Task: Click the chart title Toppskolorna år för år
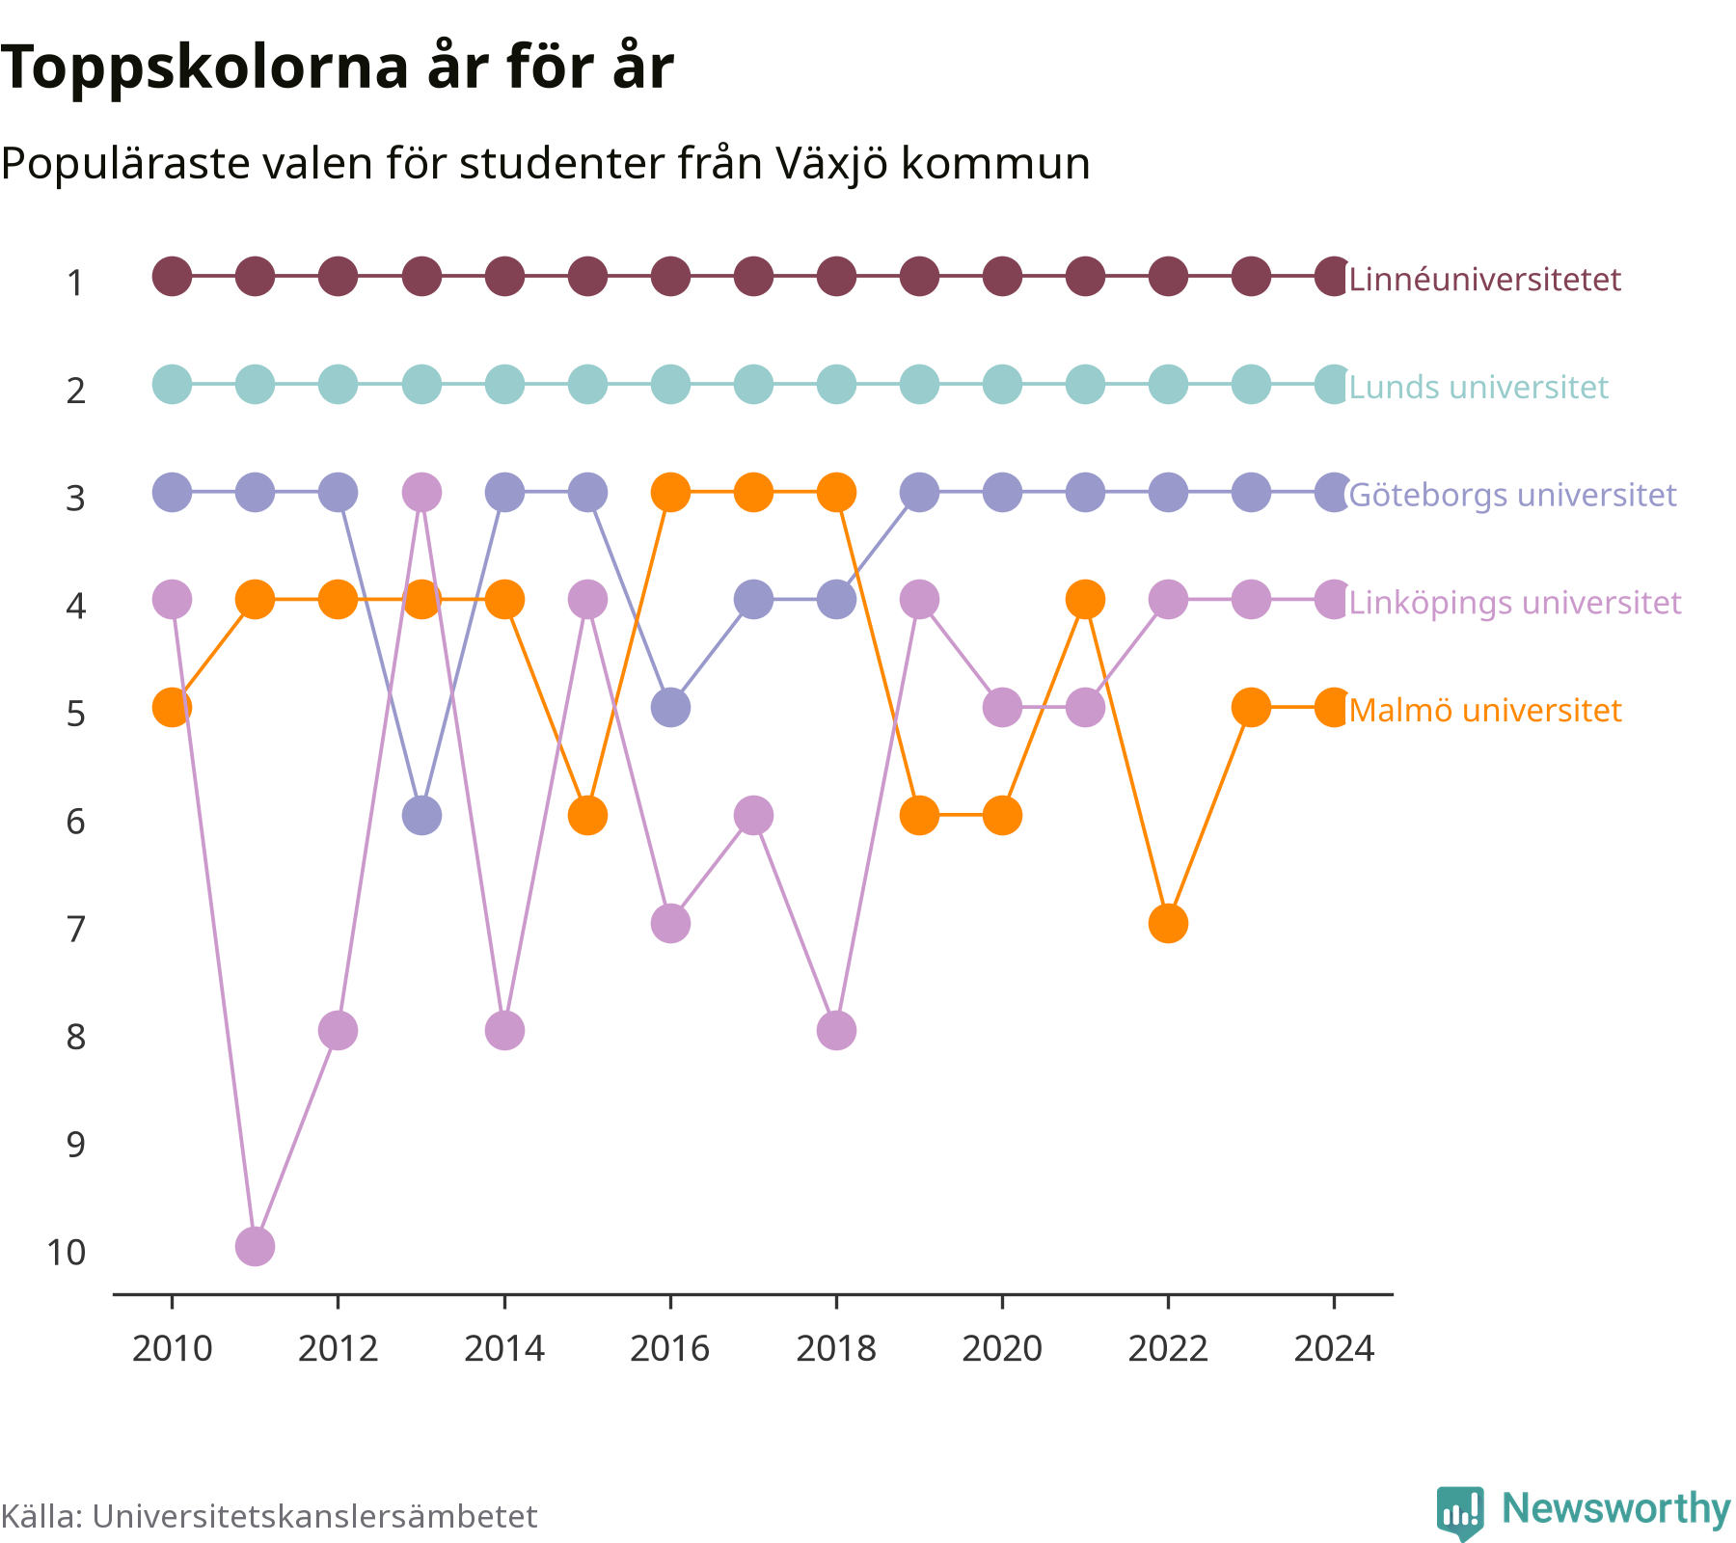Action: (337, 68)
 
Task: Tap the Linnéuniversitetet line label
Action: (1484, 280)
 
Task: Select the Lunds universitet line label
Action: (1478, 388)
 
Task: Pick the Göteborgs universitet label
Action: (1512, 495)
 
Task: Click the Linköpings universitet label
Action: (1515, 603)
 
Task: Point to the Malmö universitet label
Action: (1485, 711)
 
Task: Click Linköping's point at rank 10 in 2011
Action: (255, 1246)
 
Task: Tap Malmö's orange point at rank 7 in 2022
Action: (1168, 923)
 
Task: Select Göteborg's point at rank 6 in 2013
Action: (420, 815)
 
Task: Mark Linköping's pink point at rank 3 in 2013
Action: (420, 492)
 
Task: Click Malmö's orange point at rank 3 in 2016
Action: (670, 492)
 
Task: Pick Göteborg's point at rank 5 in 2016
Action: (670, 708)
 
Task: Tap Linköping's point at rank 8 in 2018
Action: (836, 1030)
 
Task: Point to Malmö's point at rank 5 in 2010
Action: (172, 708)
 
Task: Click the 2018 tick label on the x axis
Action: (836, 1348)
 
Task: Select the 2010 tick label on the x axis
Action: (172, 1348)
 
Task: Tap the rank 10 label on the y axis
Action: (66, 1253)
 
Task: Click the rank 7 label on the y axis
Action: (76, 930)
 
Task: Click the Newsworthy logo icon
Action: (1460, 1513)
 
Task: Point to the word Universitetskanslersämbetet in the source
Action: (314, 1517)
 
